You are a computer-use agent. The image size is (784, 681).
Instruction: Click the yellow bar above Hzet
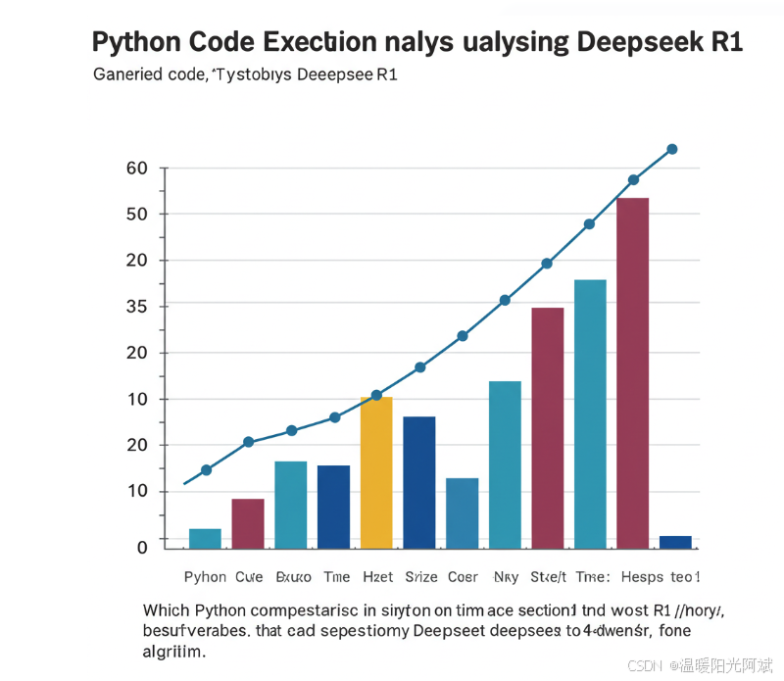pyautogui.click(x=376, y=472)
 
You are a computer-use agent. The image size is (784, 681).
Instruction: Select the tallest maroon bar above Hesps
pyautogui.click(x=632, y=372)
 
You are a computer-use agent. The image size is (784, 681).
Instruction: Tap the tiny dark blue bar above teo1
pyautogui.click(x=675, y=542)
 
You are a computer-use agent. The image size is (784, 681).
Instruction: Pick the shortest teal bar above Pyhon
pyautogui.click(x=205, y=538)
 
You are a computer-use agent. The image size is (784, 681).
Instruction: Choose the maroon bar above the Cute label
pyautogui.click(x=248, y=523)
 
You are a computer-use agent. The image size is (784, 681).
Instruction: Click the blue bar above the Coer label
pyautogui.click(x=463, y=512)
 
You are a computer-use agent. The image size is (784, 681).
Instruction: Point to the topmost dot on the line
pyautogui.click(x=672, y=149)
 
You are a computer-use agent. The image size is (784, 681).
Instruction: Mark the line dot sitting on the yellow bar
pyautogui.click(x=376, y=395)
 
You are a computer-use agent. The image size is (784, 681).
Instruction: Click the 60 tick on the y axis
pyautogui.click(x=137, y=169)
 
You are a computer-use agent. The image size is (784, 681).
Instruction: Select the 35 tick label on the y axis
pyautogui.click(x=137, y=307)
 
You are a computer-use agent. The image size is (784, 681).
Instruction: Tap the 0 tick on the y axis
pyautogui.click(x=142, y=547)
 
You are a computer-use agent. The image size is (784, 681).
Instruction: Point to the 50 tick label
pyautogui.click(x=137, y=215)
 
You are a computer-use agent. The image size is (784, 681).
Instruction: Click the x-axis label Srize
pyautogui.click(x=421, y=577)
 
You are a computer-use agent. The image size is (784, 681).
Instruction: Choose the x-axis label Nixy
pyautogui.click(x=507, y=577)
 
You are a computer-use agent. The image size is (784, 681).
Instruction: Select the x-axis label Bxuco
pyautogui.click(x=294, y=577)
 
